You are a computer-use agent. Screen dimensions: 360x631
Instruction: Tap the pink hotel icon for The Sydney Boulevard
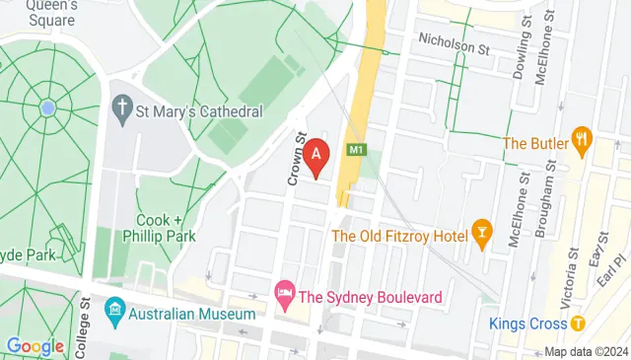click(x=284, y=293)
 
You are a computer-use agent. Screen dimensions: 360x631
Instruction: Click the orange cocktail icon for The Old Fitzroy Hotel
click(x=482, y=234)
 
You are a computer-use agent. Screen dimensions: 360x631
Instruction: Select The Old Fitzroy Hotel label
click(x=399, y=235)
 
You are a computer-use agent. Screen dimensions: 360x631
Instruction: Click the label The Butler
click(x=535, y=144)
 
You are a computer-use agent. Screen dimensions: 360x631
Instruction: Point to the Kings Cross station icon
click(x=578, y=324)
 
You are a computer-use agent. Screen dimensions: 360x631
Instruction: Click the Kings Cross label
click(x=527, y=324)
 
